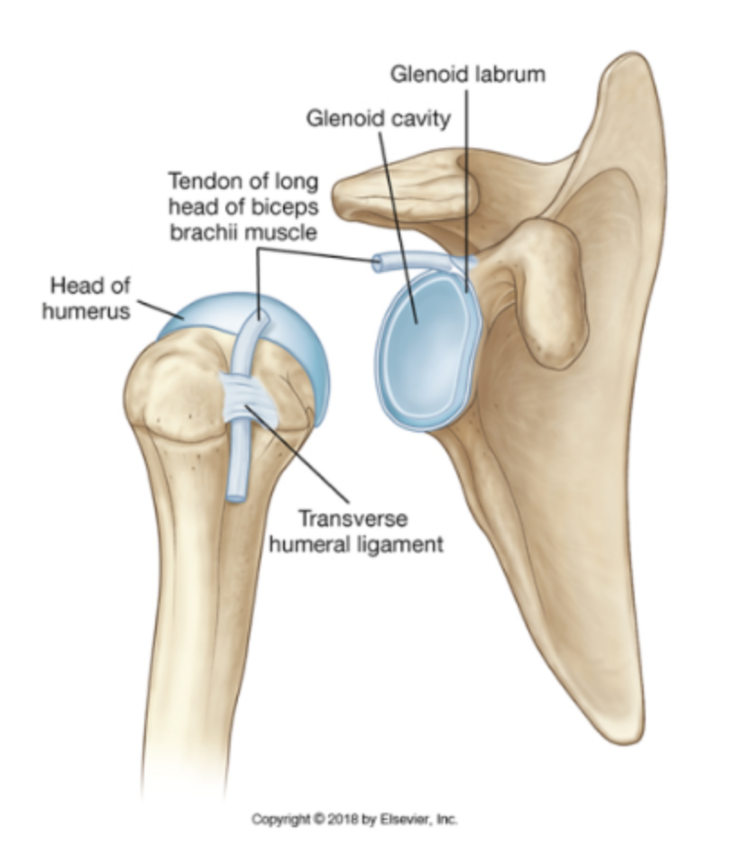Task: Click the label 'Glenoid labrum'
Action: click(468, 74)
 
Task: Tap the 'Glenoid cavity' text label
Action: click(378, 118)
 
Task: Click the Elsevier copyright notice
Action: click(354, 819)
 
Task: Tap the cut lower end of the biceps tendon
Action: click(236, 491)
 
